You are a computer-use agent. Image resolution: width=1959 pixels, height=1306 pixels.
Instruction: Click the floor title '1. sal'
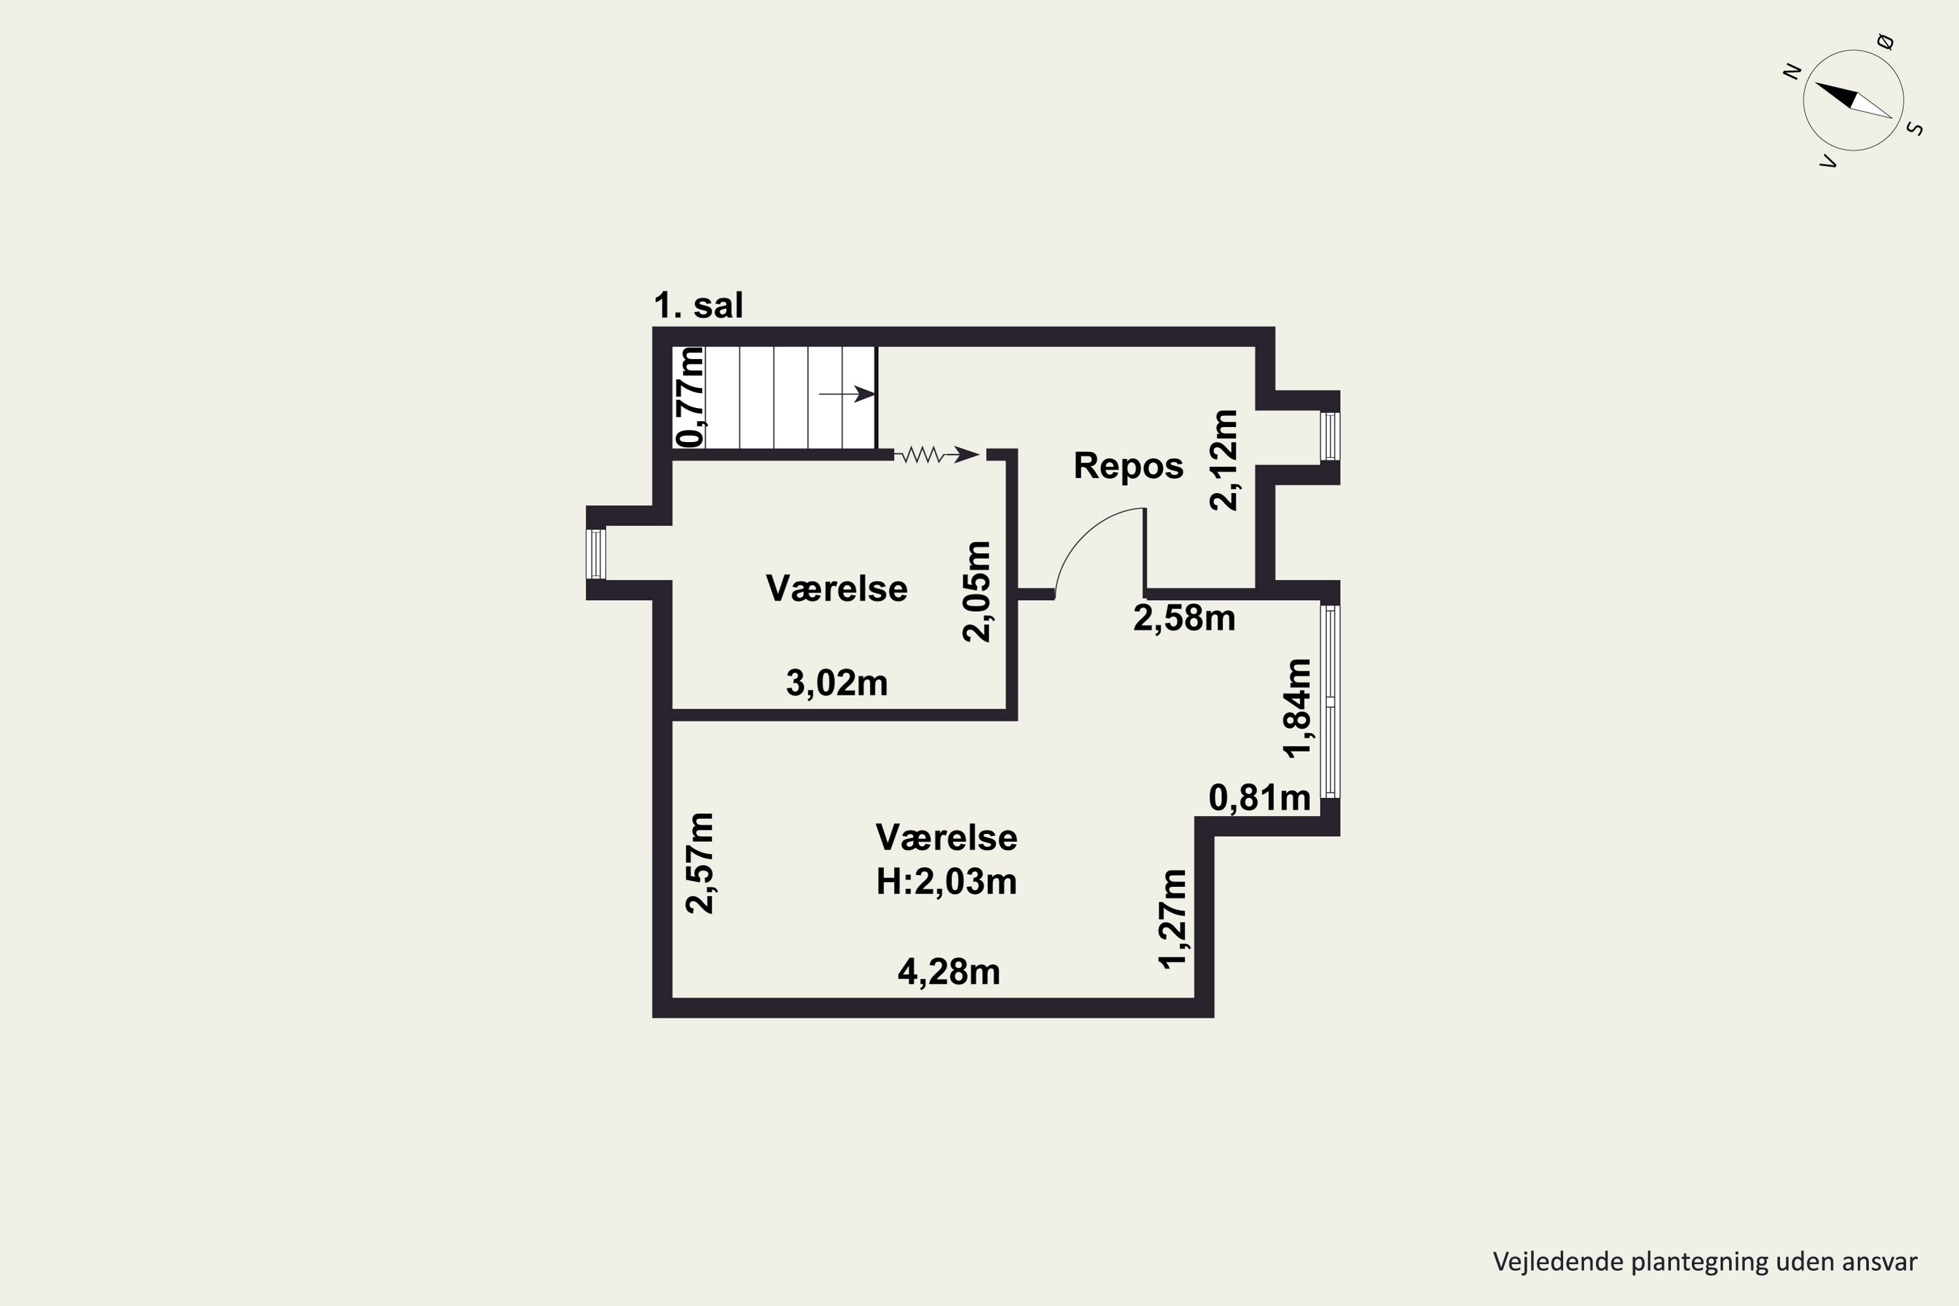(x=698, y=306)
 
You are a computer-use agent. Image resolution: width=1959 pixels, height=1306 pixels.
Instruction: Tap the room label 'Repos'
(x=1128, y=466)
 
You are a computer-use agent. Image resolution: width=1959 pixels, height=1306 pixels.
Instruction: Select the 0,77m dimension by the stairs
(x=690, y=396)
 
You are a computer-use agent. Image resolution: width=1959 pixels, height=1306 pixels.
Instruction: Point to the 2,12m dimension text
(x=1224, y=460)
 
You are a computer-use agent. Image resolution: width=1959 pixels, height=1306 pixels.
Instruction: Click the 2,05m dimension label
(x=977, y=592)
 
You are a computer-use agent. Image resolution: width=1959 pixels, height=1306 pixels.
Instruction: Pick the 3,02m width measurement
(x=837, y=684)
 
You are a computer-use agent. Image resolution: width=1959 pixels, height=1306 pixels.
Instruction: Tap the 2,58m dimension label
(x=1185, y=618)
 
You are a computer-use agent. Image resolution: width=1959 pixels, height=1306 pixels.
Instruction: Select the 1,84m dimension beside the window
(x=1298, y=708)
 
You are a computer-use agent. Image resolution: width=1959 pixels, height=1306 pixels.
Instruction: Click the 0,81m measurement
(x=1260, y=799)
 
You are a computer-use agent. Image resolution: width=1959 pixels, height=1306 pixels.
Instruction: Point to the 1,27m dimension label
(x=1173, y=919)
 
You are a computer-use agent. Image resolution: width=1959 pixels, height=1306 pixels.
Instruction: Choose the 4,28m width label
(x=949, y=972)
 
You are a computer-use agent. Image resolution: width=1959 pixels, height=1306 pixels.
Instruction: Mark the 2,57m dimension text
(x=699, y=863)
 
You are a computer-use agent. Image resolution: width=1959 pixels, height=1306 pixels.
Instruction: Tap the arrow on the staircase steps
(x=847, y=394)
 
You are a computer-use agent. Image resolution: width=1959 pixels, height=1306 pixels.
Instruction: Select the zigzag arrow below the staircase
(x=936, y=454)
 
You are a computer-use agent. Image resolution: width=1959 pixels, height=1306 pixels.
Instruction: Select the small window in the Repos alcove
(x=1330, y=436)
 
